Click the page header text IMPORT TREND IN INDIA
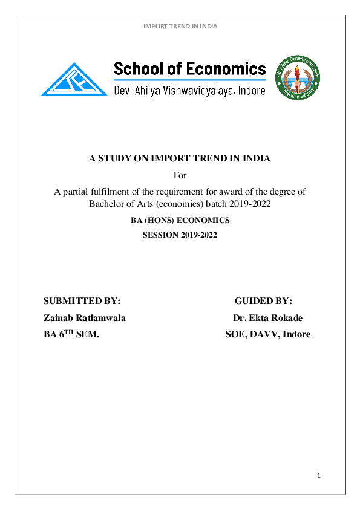[x=180, y=26]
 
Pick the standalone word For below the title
[x=180, y=176]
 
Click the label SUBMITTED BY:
[x=82, y=301]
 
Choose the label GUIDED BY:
[x=263, y=301]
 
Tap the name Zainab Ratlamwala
[x=84, y=318]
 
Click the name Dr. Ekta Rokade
[x=267, y=318]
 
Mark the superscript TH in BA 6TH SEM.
[x=69, y=332]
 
